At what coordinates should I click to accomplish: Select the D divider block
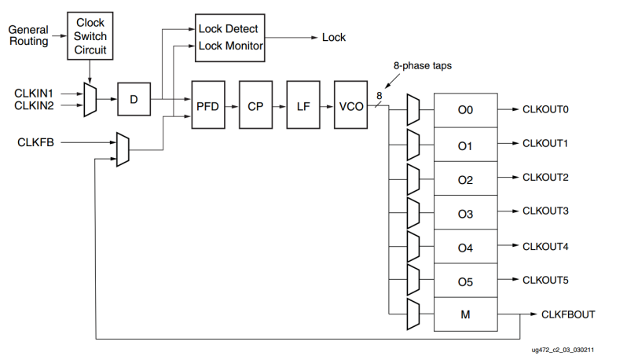pos(134,99)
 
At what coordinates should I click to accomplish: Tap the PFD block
pos(207,105)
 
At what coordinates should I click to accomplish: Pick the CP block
pos(255,105)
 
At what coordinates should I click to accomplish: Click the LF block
pos(302,105)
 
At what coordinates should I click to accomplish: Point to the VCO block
pos(350,105)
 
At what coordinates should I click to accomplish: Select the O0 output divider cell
pos(466,110)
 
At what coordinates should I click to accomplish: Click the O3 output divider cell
pos(466,213)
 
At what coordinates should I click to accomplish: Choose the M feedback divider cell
pos(466,315)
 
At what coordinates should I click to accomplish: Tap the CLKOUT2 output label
pos(545,178)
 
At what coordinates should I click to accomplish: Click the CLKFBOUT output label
pos(568,314)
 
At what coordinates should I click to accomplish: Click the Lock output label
pos(334,37)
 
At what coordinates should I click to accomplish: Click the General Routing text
pos(28,35)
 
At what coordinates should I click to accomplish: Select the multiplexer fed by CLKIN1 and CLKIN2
pos(90,100)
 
